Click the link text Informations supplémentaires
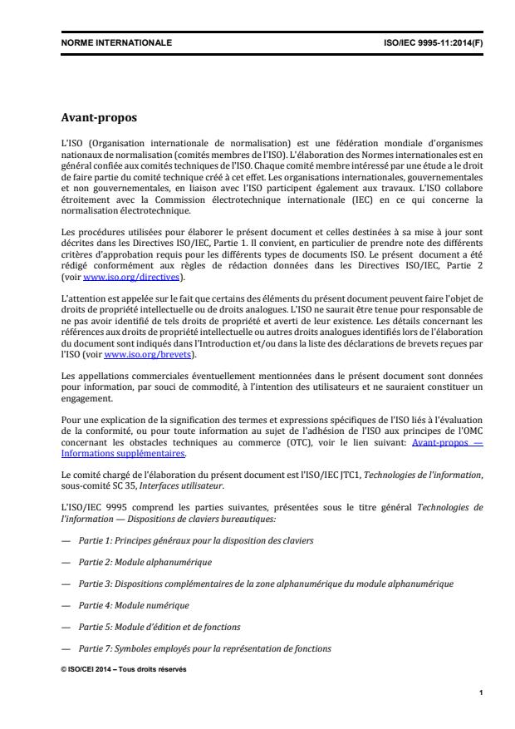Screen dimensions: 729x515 (x=124, y=454)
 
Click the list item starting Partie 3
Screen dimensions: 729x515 (x=267, y=584)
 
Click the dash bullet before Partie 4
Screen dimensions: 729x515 (x=66, y=605)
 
